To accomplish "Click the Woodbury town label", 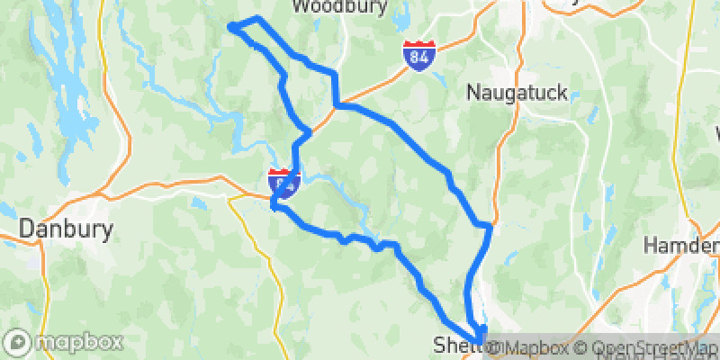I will [339, 7].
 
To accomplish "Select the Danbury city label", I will [67, 229].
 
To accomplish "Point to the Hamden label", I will [681, 244].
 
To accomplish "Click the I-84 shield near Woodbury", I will [418, 55].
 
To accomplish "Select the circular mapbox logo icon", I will [18, 343].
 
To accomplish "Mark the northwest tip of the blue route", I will [231, 27].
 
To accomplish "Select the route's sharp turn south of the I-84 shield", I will [273, 207].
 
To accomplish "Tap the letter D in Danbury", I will [27, 229].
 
